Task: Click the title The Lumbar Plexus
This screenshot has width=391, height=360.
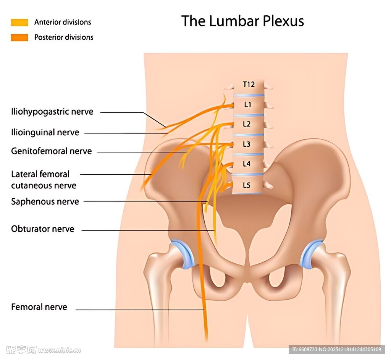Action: point(242,21)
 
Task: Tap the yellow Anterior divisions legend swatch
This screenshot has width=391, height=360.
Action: point(19,22)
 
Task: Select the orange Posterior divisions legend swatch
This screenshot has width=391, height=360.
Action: point(19,37)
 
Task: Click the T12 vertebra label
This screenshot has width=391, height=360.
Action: point(249,84)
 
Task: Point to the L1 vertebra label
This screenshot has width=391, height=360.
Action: point(248,104)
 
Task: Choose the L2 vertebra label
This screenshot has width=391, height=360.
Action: point(247,124)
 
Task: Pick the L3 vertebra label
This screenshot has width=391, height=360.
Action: point(247,144)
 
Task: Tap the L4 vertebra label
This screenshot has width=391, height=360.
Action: point(247,164)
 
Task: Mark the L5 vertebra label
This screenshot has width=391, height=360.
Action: point(247,185)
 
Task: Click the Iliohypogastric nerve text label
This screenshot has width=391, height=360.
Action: point(52,112)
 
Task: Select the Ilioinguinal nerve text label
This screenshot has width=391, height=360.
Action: point(45,133)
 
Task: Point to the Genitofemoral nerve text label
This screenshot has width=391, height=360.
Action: point(52,151)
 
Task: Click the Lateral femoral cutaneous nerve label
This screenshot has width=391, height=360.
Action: point(44,180)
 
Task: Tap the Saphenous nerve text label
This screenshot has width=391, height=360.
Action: point(45,202)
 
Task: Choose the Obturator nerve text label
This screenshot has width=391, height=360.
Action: point(43,229)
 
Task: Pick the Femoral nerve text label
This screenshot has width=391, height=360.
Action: point(39,307)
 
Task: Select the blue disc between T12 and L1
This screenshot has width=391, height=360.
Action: point(249,95)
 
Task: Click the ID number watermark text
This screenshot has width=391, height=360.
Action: point(336,349)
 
